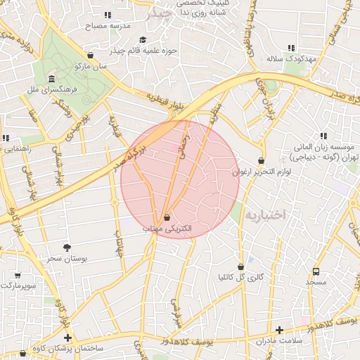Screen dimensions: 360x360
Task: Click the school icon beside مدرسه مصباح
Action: pos(108,14)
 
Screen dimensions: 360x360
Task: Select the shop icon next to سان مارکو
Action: pos(90,55)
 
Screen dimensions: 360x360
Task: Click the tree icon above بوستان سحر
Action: pos(67,247)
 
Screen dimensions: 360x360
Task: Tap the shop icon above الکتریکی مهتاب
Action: pos(167,217)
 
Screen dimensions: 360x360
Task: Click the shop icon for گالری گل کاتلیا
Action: pos(242,266)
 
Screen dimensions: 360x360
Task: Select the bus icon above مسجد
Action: pos(316,271)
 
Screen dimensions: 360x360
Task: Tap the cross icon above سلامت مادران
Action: pos(279,330)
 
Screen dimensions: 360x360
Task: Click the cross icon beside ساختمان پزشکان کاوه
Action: pos(67,338)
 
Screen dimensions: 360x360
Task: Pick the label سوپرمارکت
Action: pos(19,287)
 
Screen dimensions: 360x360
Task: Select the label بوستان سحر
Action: pos(67,259)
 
